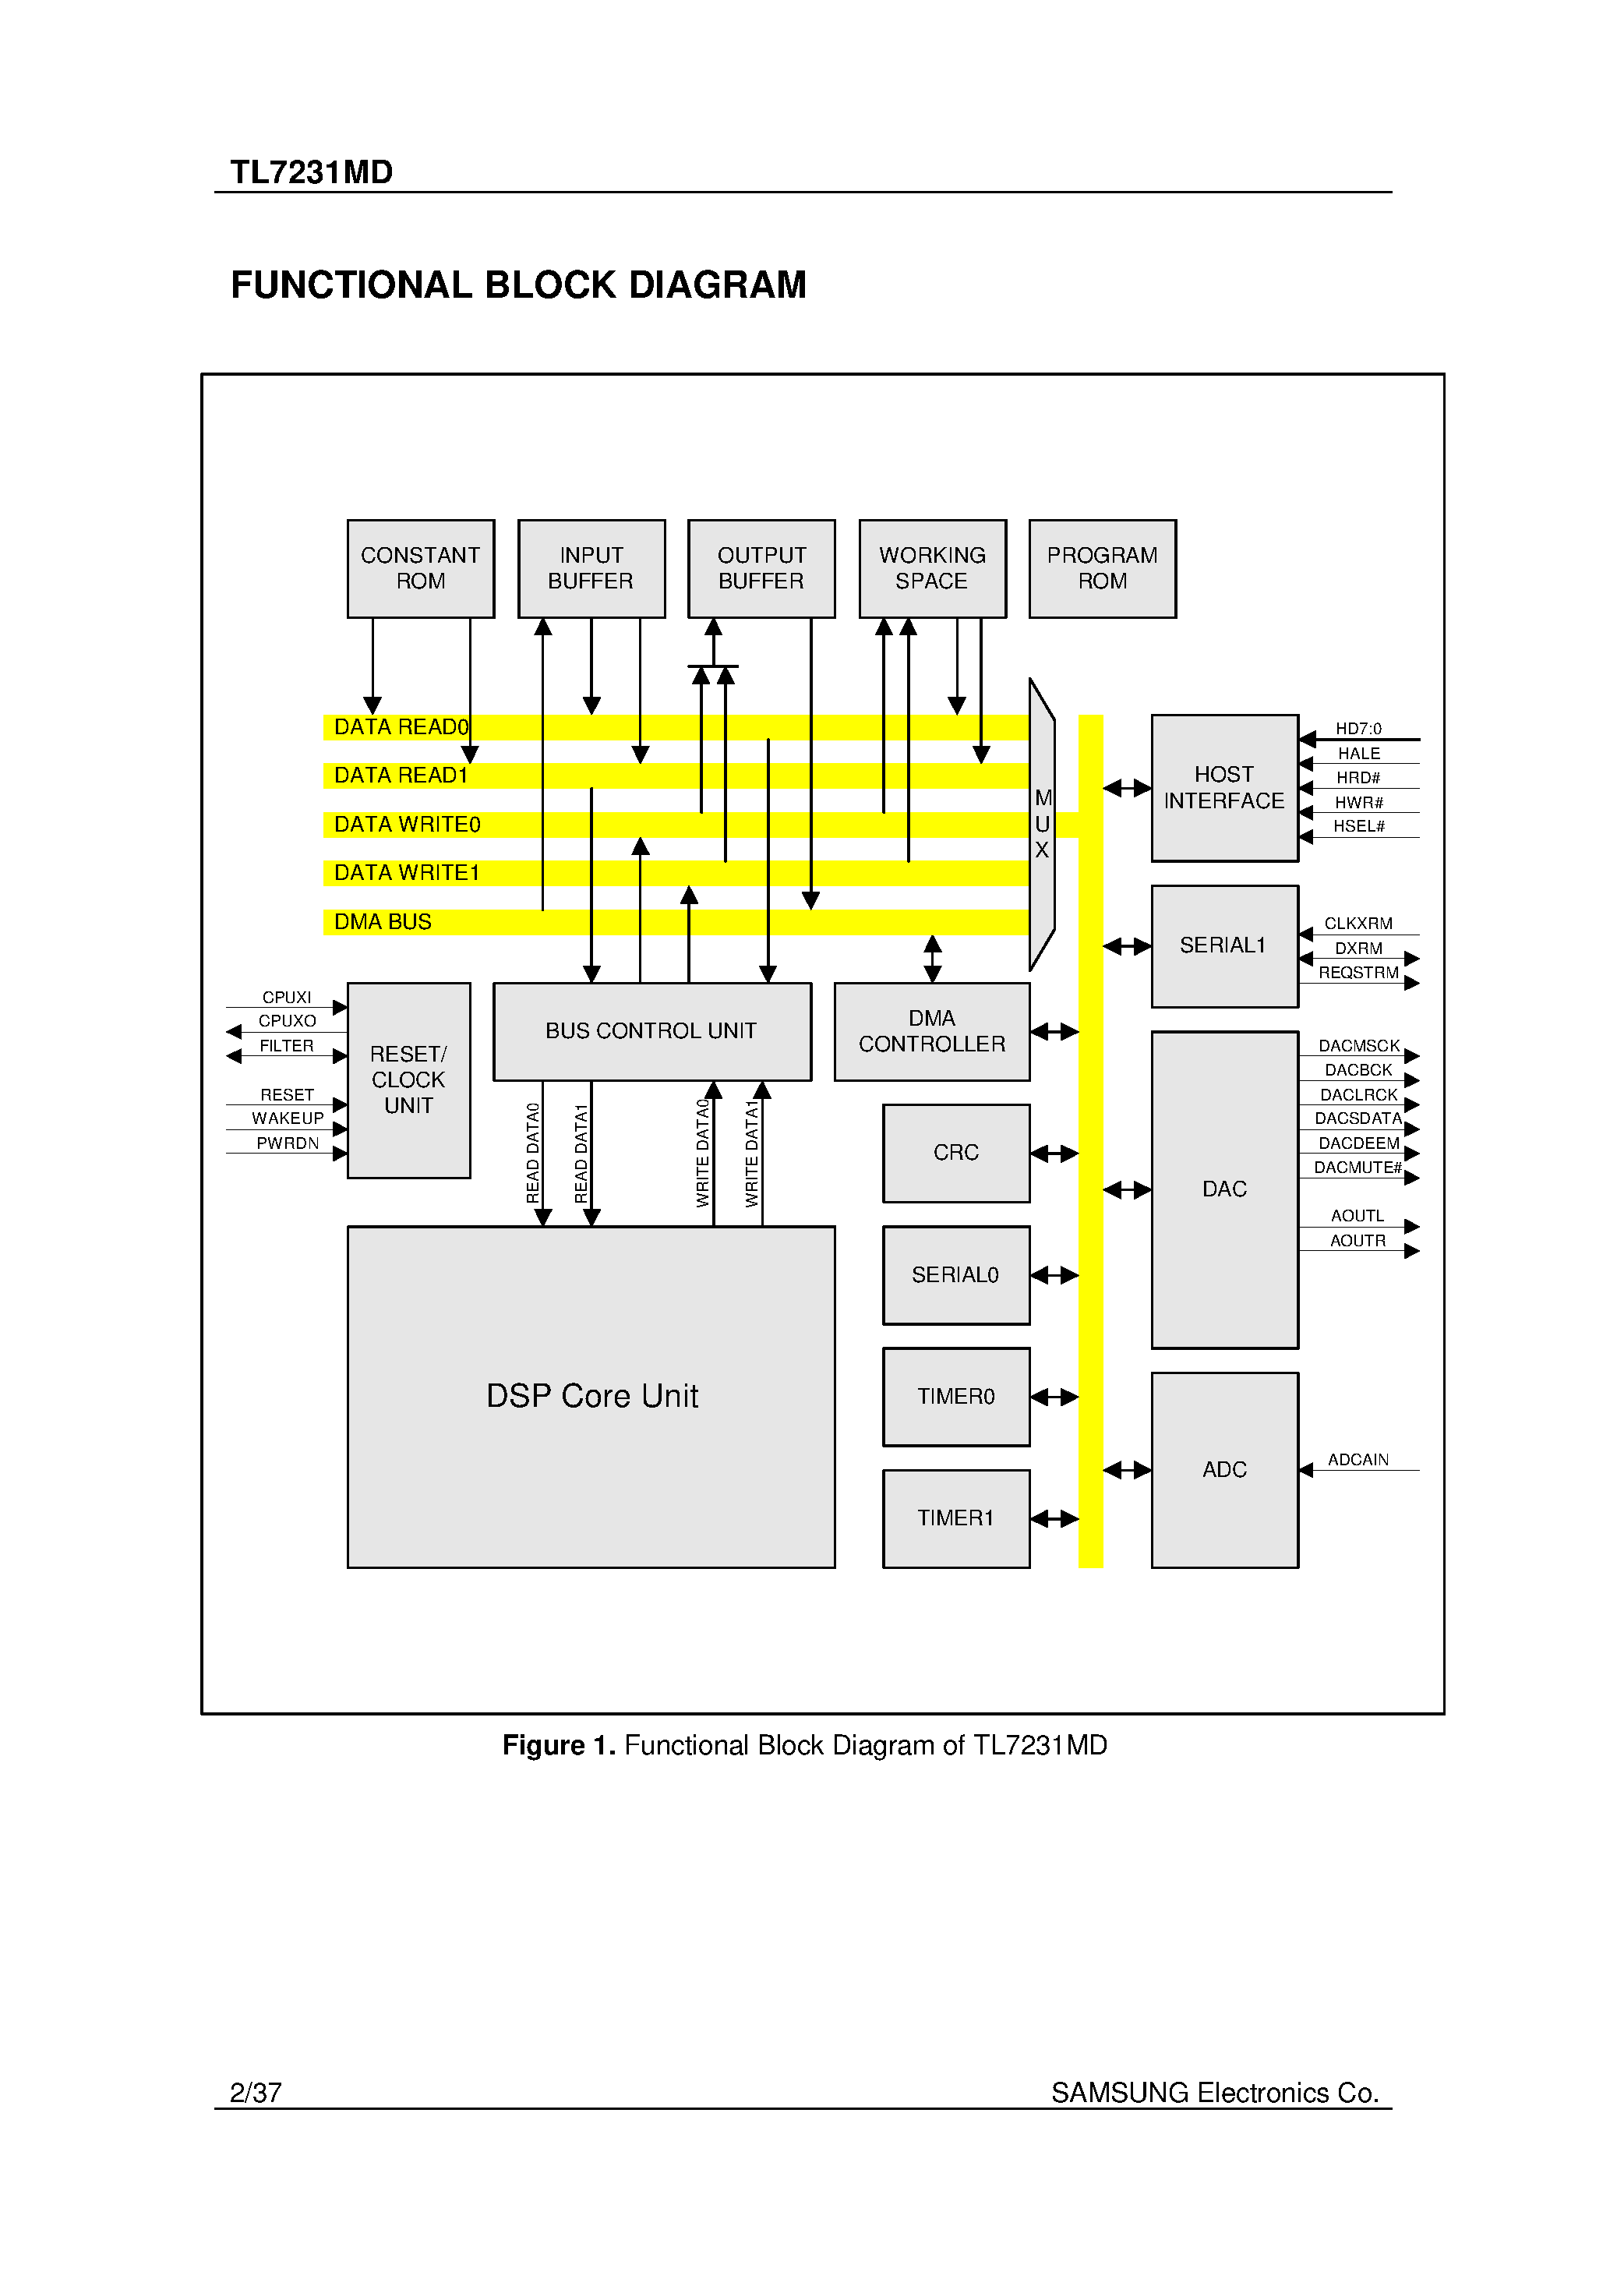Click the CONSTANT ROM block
click(420, 569)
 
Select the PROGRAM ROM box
click(1102, 569)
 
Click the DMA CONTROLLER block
click(931, 1031)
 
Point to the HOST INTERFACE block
click(1224, 787)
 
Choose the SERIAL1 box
click(1224, 946)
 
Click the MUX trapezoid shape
click(1041, 824)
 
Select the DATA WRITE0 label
click(407, 825)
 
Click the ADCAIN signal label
click(1358, 1460)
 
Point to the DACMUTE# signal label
click(1357, 1168)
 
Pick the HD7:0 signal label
click(1358, 729)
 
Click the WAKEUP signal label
click(287, 1118)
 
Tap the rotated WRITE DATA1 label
click(751, 1154)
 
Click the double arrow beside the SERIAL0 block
click(1054, 1275)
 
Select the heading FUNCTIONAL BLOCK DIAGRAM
click(518, 285)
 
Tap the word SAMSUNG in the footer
click(1120, 2093)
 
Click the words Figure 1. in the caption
click(559, 1745)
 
